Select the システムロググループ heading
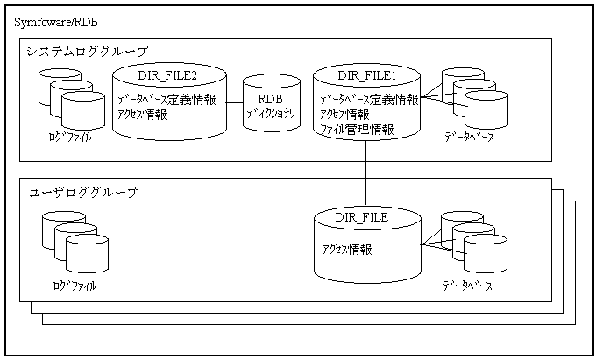click(88, 52)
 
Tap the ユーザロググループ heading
click(82, 193)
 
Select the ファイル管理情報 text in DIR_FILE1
click(356, 129)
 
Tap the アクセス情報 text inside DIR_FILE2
click(142, 114)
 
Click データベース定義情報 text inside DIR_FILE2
click(167, 99)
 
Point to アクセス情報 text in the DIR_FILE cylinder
click(347, 249)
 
